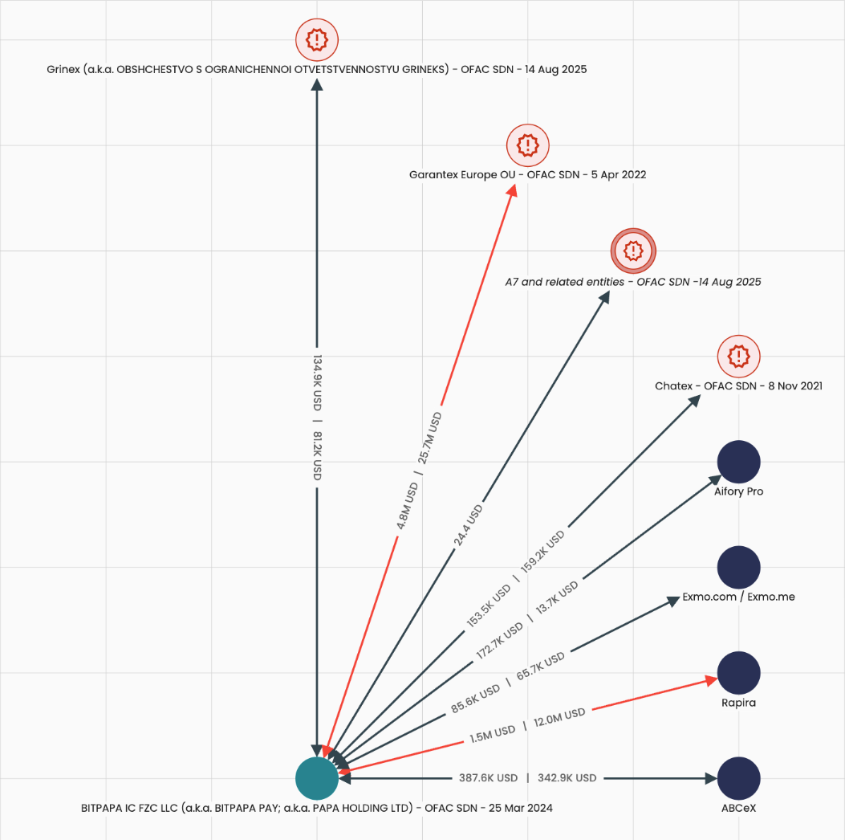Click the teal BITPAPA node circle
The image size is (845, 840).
(x=317, y=778)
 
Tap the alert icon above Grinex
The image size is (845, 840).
(x=317, y=39)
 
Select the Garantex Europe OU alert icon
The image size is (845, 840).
(x=527, y=145)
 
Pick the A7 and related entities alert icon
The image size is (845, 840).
(x=633, y=251)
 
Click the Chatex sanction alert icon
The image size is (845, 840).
(x=738, y=356)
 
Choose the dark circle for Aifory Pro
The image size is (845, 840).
(x=738, y=462)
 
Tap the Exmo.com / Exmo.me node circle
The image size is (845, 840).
(x=738, y=567)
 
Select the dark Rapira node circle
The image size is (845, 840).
(x=738, y=673)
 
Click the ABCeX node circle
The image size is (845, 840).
(x=738, y=778)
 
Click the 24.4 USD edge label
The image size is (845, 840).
(x=468, y=525)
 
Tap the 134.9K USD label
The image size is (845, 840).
(x=317, y=381)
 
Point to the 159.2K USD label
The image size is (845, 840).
(x=542, y=550)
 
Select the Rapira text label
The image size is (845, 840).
(x=738, y=703)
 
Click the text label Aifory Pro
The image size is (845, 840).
(x=738, y=491)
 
